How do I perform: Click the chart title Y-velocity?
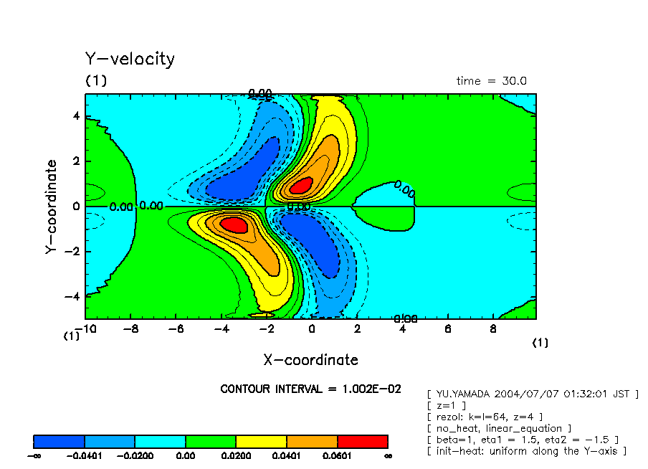click(130, 59)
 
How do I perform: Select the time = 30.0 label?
click(491, 81)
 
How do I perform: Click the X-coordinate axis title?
click(310, 360)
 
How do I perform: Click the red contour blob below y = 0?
click(234, 224)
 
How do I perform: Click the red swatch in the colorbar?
click(362, 441)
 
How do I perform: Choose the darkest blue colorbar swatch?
click(59, 441)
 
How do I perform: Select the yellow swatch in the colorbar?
click(261, 441)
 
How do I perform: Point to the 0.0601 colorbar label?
click(337, 455)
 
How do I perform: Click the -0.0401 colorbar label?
click(85, 455)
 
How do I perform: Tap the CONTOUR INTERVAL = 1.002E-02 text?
click(310, 389)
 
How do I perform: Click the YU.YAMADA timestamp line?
click(532, 394)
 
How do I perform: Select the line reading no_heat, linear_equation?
click(498, 428)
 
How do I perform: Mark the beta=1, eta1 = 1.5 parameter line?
click(522, 440)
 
